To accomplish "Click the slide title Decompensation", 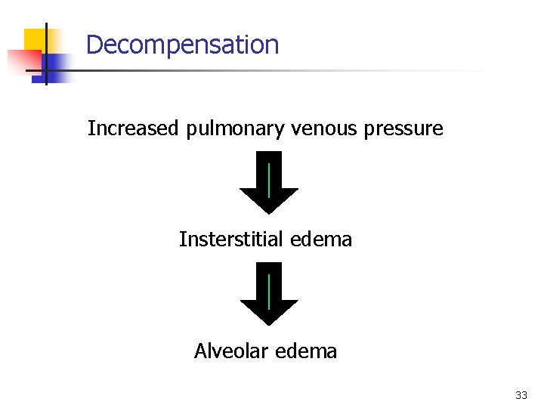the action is [182, 45].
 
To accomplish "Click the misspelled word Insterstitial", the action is [230, 240].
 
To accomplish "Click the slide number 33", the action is [521, 395].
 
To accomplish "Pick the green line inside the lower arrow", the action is [269, 291].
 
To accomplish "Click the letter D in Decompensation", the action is [94, 45].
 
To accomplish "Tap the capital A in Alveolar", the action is [200, 351].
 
